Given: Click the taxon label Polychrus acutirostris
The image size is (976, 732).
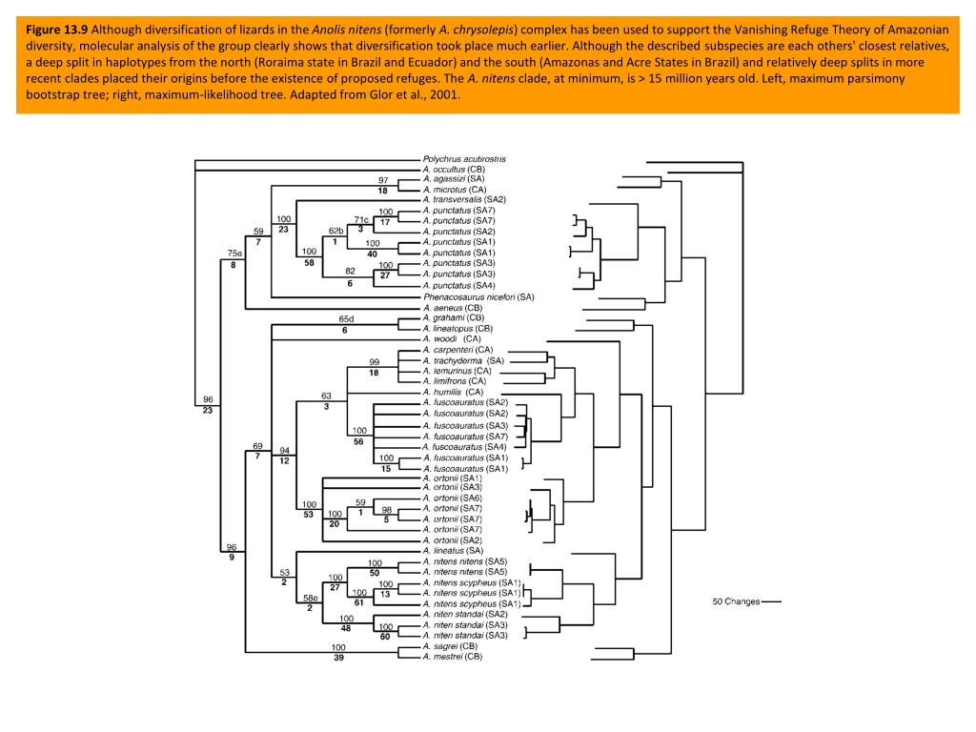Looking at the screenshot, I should point(464,158).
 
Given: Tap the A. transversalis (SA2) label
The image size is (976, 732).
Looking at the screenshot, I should point(463,200).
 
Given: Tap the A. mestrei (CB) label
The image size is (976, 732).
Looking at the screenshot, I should point(452,657).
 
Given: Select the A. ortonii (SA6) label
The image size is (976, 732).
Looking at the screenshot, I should point(453,498).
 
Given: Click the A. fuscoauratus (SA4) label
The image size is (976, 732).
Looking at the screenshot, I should point(464,446).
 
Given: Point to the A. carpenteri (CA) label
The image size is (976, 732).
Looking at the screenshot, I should point(457,350).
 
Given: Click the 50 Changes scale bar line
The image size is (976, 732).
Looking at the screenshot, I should point(771,602).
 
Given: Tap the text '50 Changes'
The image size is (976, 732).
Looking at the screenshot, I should point(736,602).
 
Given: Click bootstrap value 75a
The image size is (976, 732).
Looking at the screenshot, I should point(235,253).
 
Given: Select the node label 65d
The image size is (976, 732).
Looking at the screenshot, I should point(346,318).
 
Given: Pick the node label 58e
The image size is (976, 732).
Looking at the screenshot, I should point(311,598).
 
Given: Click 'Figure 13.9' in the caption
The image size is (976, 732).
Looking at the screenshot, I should point(56,28).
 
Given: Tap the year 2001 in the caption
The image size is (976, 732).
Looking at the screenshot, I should point(445,96).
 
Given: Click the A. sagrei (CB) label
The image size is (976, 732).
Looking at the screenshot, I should point(451,646).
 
